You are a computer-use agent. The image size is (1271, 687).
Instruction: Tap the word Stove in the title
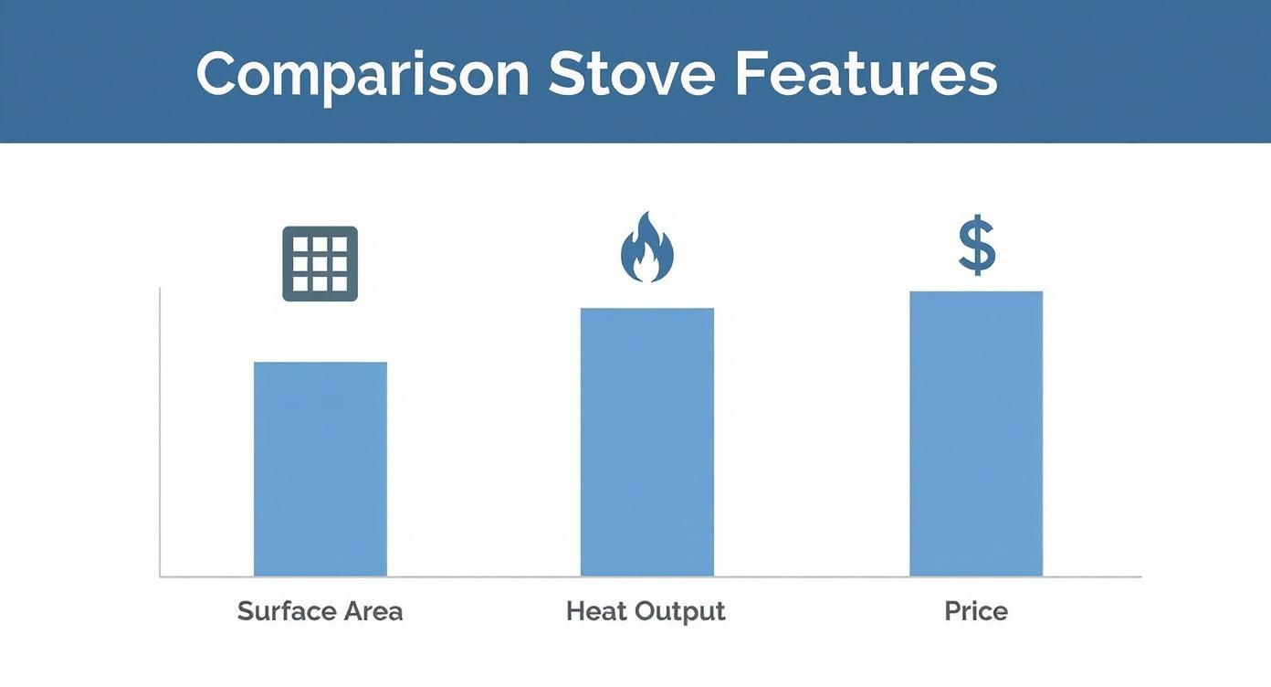coord(632,74)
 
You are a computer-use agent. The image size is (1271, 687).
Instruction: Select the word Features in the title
coord(867,74)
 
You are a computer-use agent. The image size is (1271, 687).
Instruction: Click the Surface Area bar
coord(320,469)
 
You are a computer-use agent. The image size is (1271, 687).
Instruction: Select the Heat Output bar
coord(646,442)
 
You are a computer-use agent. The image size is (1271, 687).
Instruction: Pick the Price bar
coord(976,434)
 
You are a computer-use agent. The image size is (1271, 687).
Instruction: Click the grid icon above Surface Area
coord(320,263)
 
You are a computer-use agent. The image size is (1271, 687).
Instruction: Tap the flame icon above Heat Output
coord(646,247)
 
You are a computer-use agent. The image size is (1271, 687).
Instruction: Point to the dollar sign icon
coord(976,245)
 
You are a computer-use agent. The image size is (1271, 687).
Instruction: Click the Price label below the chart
coord(976,611)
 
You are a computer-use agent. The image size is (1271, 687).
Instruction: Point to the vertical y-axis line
coord(160,432)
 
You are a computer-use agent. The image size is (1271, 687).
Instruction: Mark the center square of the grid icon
coord(320,264)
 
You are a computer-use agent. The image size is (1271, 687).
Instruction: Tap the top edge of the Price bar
coord(976,291)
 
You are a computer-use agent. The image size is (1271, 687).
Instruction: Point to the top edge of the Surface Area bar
coord(320,363)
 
